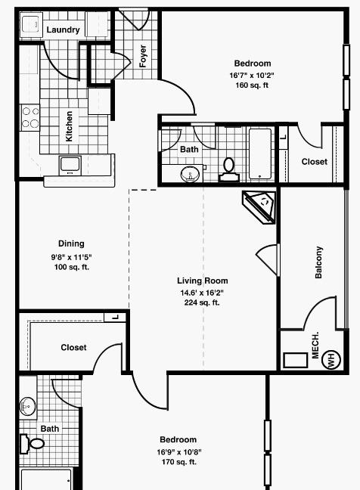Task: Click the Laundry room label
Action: coord(63,29)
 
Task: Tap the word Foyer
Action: coord(143,56)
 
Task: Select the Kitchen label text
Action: coord(69,126)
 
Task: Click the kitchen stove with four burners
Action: coord(30,117)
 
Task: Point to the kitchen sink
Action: coord(70,166)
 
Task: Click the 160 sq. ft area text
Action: coord(252,85)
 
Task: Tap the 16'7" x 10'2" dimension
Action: coord(252,76)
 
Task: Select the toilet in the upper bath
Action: coord(229,169)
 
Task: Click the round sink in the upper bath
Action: coord(191,173)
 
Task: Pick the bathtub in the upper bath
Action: coord(260,154)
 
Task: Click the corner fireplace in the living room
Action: coord(260,207)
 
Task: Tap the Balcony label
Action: coord(318,262)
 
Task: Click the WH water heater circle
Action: coord(331,360)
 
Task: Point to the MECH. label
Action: coord(315,346)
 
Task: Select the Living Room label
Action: coord(203,281)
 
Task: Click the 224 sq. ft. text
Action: coord(202,302)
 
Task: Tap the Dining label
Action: coord(71,243)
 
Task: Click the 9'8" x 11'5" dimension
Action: coord(72,257)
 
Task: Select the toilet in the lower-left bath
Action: coord(32,443)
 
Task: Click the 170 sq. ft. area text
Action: coord(179,461)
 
